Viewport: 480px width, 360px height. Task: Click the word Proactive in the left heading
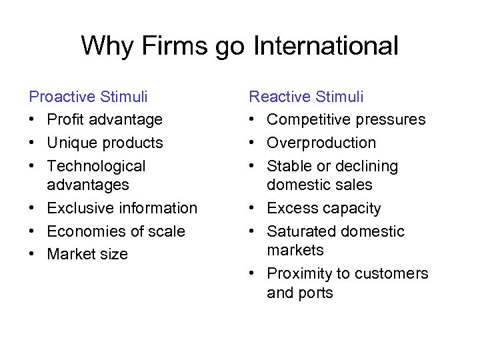(62, 97)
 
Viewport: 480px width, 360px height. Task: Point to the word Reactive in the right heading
(277, 97)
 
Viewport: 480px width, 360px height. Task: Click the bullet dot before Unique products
(33, 143)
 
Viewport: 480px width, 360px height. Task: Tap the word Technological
(96, 166)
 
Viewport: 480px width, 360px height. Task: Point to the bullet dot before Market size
(33, 255)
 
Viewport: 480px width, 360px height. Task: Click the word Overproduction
(321, 143)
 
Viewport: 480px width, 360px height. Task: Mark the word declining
(366, 166)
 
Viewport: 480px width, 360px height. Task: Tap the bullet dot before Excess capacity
(253, 209)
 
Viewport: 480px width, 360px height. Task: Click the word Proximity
(300, 273)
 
